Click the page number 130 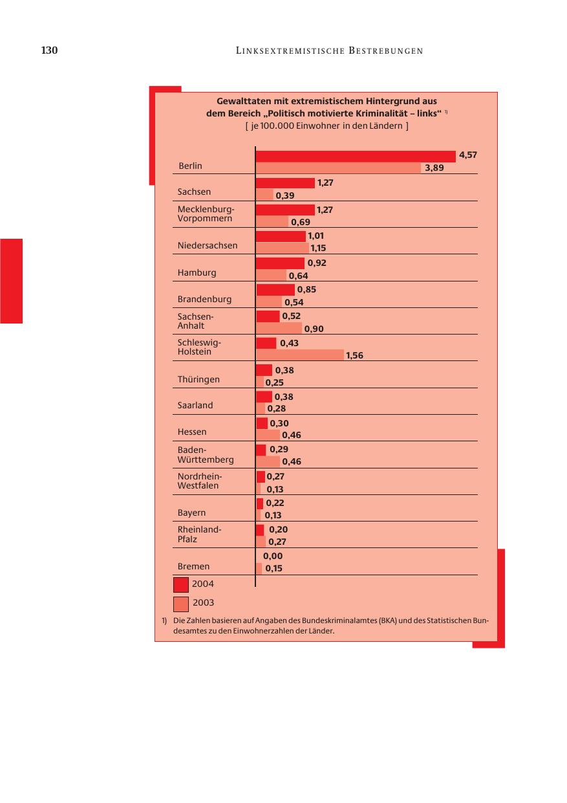50,50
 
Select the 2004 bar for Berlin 356,156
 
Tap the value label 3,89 434,168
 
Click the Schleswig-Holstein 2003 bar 300,355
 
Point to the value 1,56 354,355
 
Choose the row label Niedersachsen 208,246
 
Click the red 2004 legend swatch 181,584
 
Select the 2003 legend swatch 181,603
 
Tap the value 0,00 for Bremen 273,556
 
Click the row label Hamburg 197,273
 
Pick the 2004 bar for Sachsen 285,183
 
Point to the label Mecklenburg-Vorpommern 206,214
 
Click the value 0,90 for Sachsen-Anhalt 314,329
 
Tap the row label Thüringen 198,379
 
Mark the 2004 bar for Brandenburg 275,289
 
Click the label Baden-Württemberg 206,455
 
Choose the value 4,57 467,155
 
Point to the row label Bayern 192,513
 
